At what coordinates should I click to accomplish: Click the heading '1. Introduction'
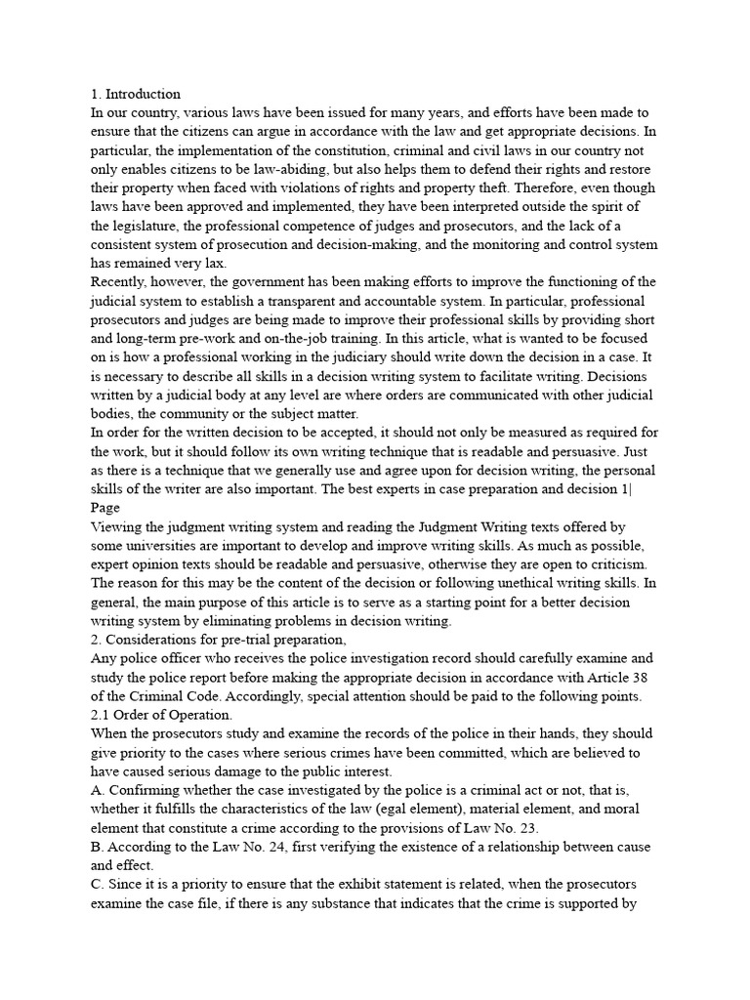pos(136,95)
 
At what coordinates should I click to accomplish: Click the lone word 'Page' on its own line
pos(104,508)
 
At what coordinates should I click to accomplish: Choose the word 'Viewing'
pos(116,526)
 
